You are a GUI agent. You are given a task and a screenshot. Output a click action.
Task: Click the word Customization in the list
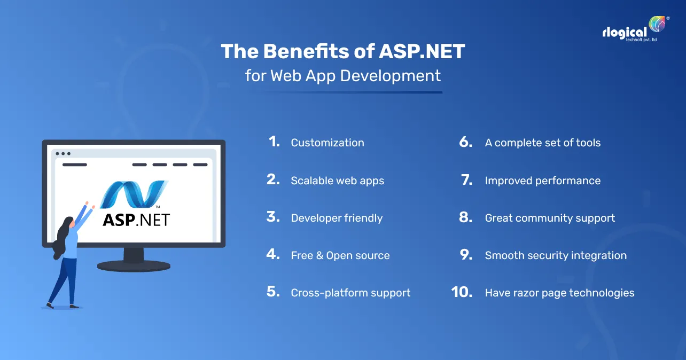327,143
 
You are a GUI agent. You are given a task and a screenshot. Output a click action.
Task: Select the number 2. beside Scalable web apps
273,180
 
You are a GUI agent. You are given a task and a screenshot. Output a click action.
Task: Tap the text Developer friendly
337,218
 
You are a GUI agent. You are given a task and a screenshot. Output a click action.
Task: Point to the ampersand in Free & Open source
319,255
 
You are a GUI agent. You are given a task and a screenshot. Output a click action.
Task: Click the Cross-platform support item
350,293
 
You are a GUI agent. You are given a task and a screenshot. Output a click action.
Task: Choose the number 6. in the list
466,142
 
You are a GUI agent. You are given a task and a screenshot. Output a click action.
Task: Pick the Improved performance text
542,181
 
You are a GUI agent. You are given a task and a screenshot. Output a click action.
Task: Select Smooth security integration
556,255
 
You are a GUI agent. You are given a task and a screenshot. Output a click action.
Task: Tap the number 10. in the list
462,292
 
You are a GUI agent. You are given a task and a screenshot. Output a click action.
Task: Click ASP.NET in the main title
422,52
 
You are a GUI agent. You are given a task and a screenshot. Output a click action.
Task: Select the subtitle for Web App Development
343,76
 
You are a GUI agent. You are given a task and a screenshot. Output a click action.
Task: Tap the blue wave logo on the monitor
133,194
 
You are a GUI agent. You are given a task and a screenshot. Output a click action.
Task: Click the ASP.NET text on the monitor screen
136,219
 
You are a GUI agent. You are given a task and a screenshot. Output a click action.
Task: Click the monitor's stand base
134,265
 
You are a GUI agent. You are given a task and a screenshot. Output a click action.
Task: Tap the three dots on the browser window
63,153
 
